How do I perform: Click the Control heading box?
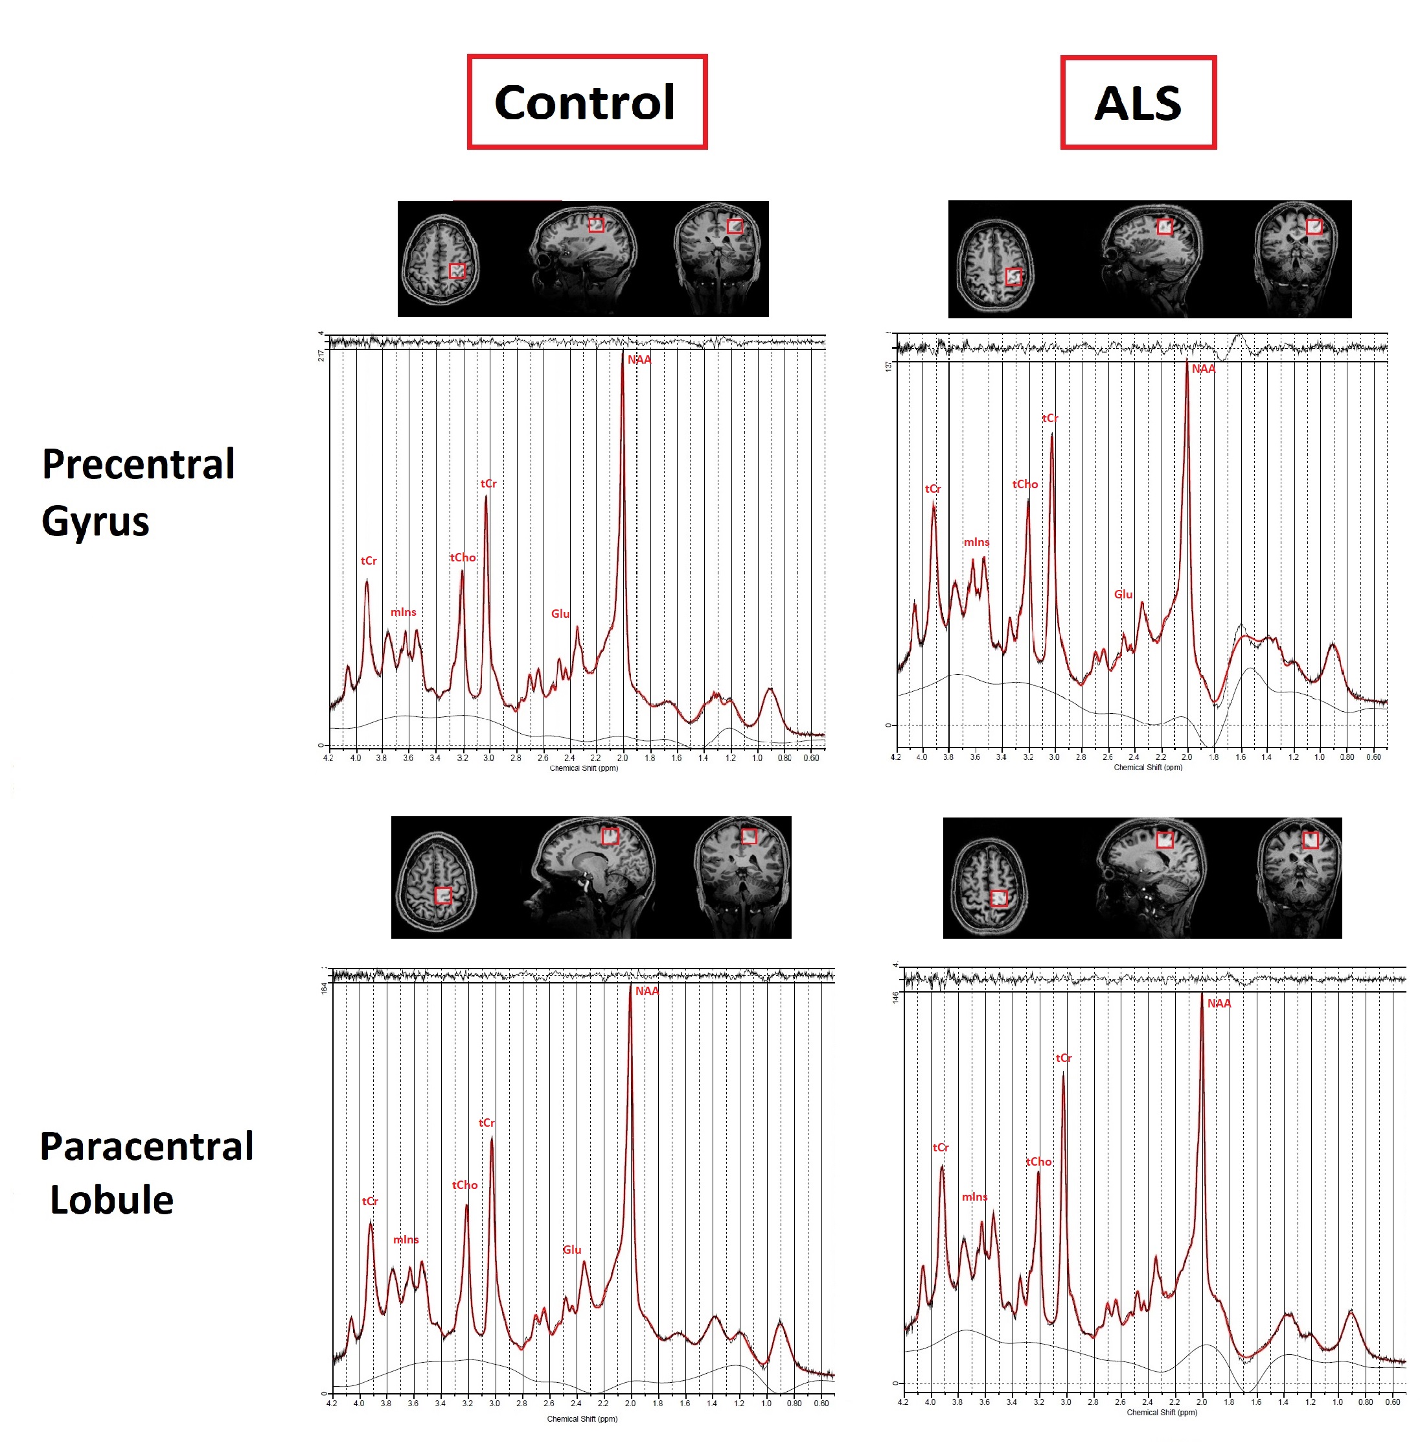(x=586, y=102)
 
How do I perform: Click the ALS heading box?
(x=1138, y=102)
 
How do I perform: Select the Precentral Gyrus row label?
(x=138, y=492)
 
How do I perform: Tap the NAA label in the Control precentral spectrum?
(x=639, y=360)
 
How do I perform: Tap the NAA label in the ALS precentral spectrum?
(x=1203, y=369)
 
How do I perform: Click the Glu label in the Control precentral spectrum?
(x=560, y=613)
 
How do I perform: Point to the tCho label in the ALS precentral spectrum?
(x=1025, y=484)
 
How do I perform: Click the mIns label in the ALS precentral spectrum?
(x=976, y=542)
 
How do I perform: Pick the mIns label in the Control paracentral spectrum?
(x=406, y=1240)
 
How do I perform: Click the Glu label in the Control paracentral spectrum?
(x=572, y=1249)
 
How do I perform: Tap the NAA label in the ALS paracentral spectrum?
(x=1219, y=1003)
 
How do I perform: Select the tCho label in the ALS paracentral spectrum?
(x=1038, y=1161)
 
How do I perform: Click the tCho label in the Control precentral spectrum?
(x=463, y=558)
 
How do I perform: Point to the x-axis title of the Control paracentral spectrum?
(x=582, y=1418)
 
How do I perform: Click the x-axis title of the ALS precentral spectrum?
(x=1148, y=767)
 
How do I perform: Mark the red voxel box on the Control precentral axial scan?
(x=457, y=271)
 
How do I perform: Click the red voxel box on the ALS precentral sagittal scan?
(x=1164, y=227)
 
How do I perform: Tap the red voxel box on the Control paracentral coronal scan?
(x=749, y=836)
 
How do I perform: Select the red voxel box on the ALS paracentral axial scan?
(x=999, y=898)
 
